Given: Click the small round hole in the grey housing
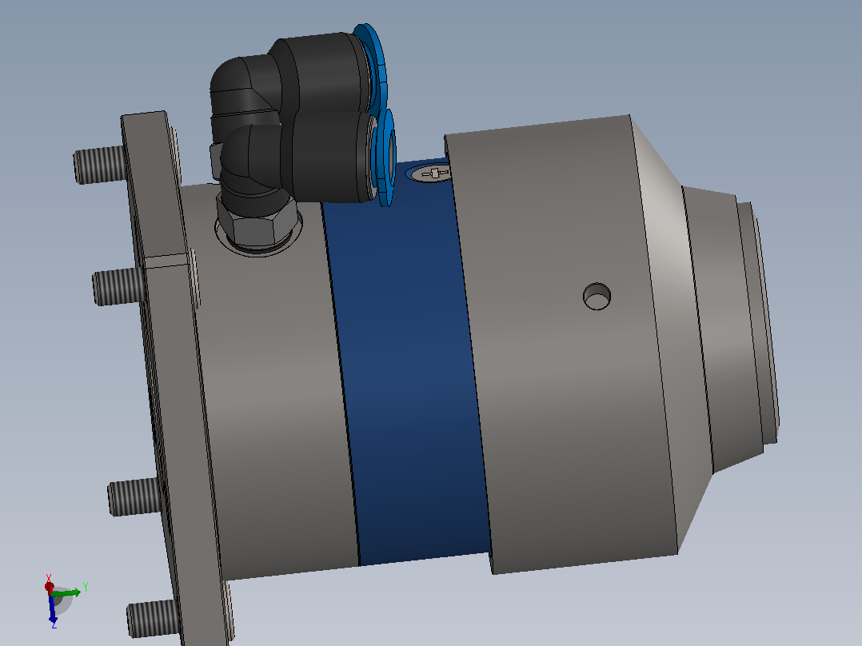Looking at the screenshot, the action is click(597, 297).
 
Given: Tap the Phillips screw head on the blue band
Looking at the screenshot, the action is click(430, 173).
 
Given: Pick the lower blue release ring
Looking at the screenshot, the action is click(385, 158).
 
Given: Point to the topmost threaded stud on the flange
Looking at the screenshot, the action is click(99, 165).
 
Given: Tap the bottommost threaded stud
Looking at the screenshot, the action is click(154, 619).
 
